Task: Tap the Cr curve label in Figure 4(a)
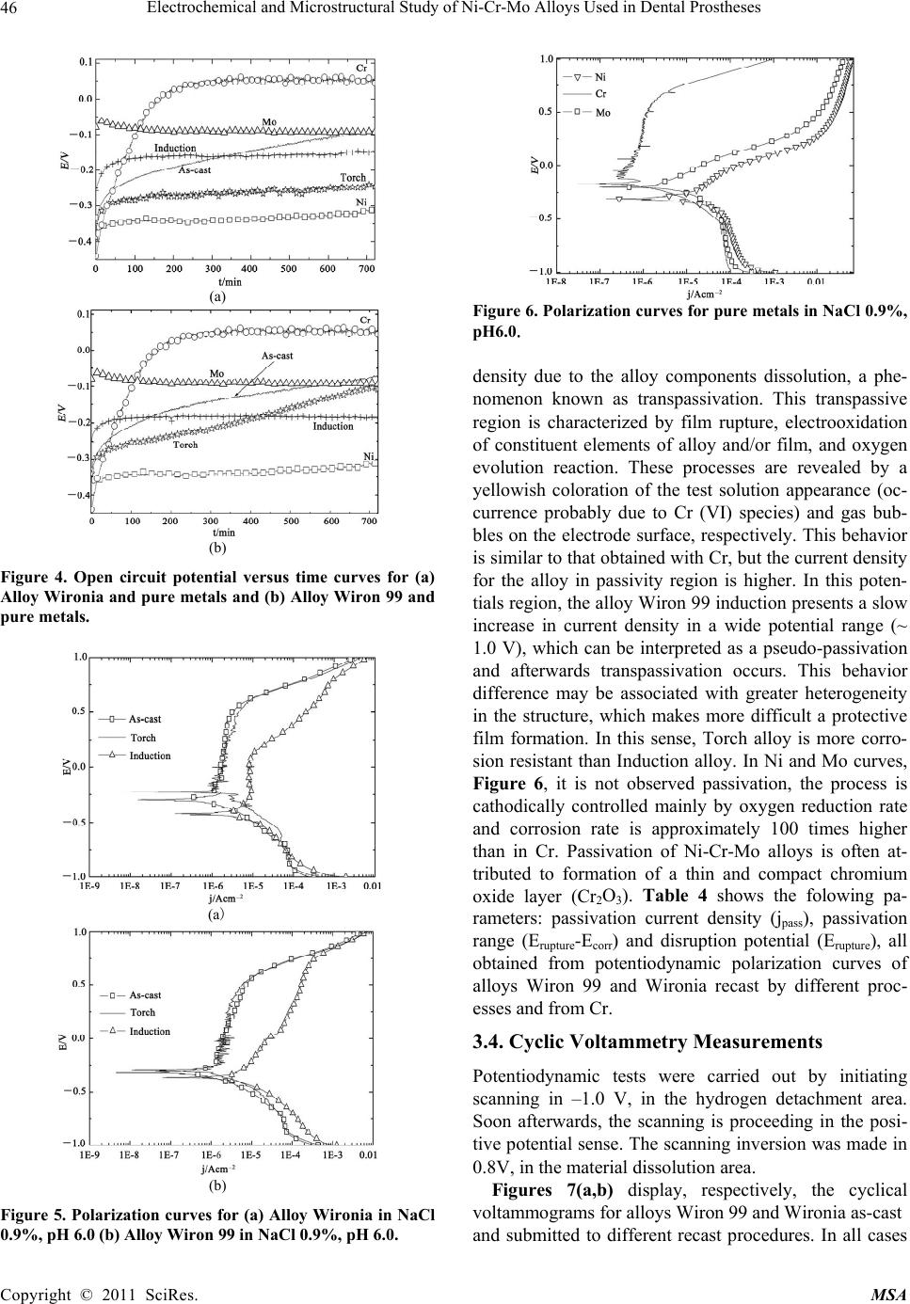pyautogui.click(x=360, y=69)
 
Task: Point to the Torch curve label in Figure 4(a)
pyautogui.click(x=353, y=178)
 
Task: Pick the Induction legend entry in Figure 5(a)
pyautogui.click(x=150, y=756)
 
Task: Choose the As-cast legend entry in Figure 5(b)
pyautogui.click(x=145, y=995)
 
